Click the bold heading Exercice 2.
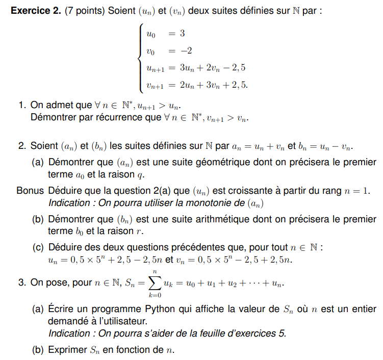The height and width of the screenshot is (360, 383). point(35,11)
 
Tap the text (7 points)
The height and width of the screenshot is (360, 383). point(86,11)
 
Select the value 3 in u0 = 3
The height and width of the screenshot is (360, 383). point(182,34)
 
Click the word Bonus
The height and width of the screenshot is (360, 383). point(30,191)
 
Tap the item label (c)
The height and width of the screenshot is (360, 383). point(38,248)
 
